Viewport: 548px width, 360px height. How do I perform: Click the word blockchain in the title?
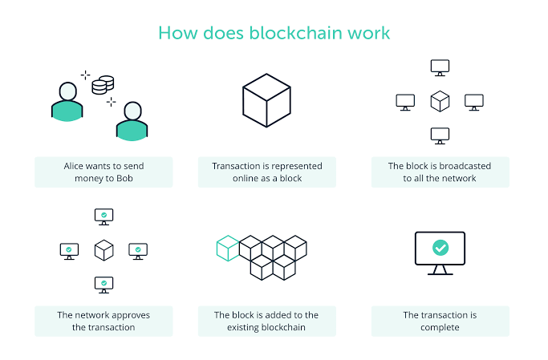tap(296, 33)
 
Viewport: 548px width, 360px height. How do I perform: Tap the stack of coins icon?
tap(103, 85)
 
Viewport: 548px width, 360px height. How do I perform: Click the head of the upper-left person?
tap(68, 91)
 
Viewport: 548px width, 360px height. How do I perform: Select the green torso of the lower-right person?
tap(132, 131)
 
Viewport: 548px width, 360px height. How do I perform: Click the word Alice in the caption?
tap(73, 166)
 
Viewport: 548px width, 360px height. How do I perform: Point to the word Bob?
tap(125, 178)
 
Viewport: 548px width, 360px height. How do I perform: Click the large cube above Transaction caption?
tap(266, 100)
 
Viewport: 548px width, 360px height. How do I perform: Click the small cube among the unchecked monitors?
tap(440, 101)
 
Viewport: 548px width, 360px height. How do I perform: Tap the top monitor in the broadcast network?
tap(440, 67)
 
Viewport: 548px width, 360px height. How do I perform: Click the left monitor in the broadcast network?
tap(405, 102)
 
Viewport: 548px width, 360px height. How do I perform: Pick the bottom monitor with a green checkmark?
tap(104, 285)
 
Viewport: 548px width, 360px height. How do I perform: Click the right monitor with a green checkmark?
tap(138, 252)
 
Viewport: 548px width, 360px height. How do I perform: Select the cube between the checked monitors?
tap(104, 250)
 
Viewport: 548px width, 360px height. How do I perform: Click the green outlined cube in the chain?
tap(228, 249)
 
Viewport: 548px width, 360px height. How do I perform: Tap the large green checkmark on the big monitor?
tap(440, 248)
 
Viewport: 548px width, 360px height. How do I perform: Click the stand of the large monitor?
tap(440, 270)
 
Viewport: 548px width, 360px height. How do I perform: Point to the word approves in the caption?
tap(130, 315)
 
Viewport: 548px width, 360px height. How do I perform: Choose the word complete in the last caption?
tap(440, 327)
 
